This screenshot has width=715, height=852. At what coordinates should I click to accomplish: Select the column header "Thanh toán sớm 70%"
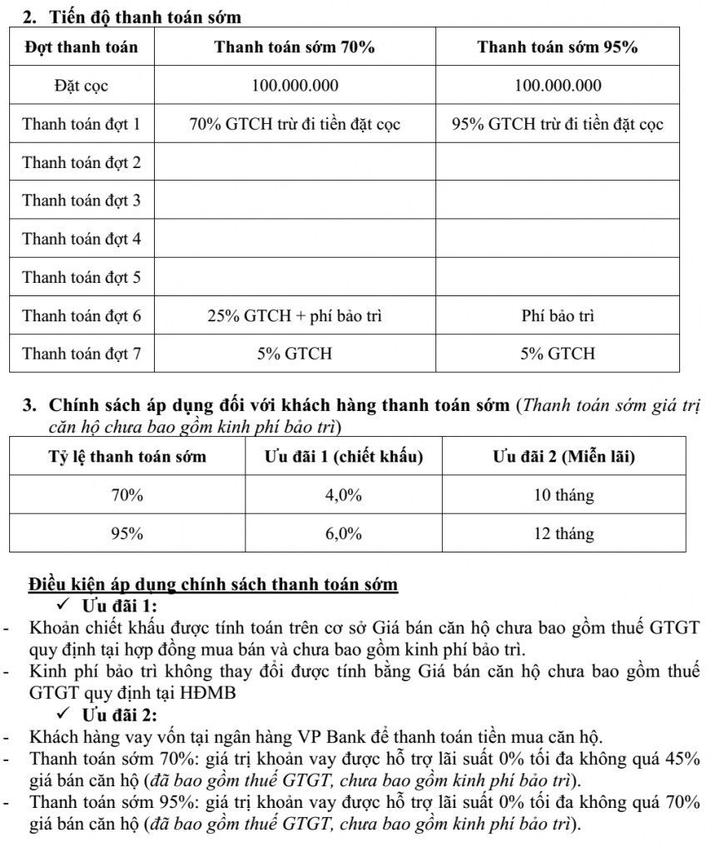pyautogui.click(x=295, y=47)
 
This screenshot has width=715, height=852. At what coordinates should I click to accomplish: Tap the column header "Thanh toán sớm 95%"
pyautogui.click(x=558, y=47)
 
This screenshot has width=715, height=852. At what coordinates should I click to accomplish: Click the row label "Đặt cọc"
pyautogui.click(x=82, y=86)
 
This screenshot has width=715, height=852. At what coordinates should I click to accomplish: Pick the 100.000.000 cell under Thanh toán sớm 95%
pyautogui.click(x=558, y=86)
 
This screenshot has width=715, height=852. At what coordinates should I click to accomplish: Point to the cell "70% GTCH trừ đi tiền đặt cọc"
pyautogui.click(x=295, y=125)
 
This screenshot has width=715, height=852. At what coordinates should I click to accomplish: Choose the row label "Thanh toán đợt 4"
pyautogui.click(x=82, y=239)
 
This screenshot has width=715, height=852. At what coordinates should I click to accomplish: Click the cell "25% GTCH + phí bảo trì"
pyautogui.click(x=295, y=316)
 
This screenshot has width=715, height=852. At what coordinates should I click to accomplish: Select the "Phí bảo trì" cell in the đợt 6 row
pyautogui.click(x=558, y=316)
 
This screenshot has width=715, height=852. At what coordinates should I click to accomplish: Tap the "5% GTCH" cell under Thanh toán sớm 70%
pyautogui.click(x=295, y=354)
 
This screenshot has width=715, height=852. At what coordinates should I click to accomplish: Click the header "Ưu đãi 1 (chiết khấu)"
pyautogui.click(x=344, y=457)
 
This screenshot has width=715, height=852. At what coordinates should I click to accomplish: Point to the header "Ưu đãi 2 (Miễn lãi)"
pyautogui.click(x=564, y=457)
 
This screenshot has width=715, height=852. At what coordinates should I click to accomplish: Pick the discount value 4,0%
pyautogui.click(x=344, y=495)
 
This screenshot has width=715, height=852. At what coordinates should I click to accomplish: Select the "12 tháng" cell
pyautogui.click(x=564, y=533)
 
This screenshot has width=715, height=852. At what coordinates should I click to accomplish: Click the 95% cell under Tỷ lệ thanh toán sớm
pyautogui.click(x=127, y=533)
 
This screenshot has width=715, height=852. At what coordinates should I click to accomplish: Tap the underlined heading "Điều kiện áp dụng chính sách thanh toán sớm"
pyautogui.click(x=214, y=583)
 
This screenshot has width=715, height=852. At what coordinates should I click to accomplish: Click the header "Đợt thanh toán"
pyautogui.click(x=82, y=47)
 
